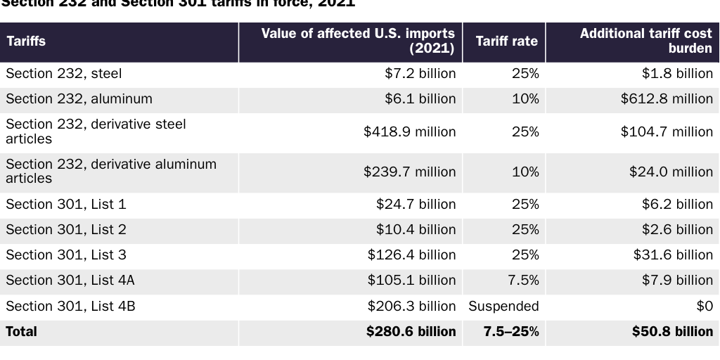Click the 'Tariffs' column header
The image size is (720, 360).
[26, 41]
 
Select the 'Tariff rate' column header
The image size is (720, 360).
[506, 41]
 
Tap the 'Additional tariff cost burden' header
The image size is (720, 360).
[645, 41]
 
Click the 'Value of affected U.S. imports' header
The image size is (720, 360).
[358, 41]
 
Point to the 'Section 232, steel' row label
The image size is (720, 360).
[64, 74]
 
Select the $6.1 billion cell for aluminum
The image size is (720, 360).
[420, 99]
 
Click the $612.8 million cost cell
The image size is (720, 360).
[666, 99]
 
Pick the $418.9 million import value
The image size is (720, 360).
[409, 132]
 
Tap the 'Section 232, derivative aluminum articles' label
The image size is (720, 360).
[110, 172]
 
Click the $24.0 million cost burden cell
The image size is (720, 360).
[670, 172]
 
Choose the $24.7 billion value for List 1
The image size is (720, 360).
[416, 205]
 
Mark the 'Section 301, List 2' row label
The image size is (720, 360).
[66, 230]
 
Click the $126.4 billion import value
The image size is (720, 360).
[411, 255]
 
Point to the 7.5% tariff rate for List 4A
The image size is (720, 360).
[523, 281]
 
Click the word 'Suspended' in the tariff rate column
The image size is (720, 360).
[503, 307]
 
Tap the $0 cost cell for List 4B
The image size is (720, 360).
[704, 307]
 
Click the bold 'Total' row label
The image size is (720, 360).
[22, 332]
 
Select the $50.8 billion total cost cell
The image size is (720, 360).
[671, 332]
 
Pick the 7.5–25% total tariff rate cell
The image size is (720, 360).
[511, 332]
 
